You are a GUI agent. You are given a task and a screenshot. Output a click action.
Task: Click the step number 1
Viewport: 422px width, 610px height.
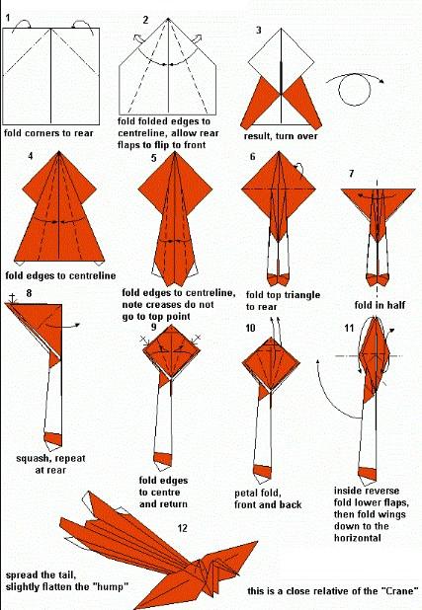coord(8,18)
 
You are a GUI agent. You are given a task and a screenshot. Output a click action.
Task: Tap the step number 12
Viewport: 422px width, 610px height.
coord(182,528)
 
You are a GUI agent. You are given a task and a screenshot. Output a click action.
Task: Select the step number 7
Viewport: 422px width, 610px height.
coord(352,173)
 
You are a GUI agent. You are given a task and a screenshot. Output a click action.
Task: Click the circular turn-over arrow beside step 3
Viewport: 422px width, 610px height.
coord(355,89)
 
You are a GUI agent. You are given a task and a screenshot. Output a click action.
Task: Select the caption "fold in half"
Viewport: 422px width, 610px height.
coord(380,305)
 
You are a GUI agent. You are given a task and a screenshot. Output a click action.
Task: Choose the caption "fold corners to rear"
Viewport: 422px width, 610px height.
coord(48,133)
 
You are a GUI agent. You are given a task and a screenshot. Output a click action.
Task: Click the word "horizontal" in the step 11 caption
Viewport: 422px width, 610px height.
coord(358,538)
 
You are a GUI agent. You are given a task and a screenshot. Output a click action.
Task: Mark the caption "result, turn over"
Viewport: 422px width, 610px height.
coord(281,136)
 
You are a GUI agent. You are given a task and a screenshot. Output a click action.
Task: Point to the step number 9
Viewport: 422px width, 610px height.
coord(155,327)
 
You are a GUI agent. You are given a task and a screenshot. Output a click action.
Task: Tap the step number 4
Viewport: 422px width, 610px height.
coord(31,156)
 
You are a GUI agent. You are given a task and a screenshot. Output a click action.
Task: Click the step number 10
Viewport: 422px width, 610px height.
coord(251,328)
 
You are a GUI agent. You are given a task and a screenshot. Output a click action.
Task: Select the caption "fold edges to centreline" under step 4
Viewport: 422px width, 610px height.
coord(60,275)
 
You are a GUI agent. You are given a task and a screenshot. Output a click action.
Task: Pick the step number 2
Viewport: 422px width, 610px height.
coord(145,20)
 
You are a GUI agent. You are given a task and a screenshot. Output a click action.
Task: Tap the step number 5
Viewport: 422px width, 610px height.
coord(154,158)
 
